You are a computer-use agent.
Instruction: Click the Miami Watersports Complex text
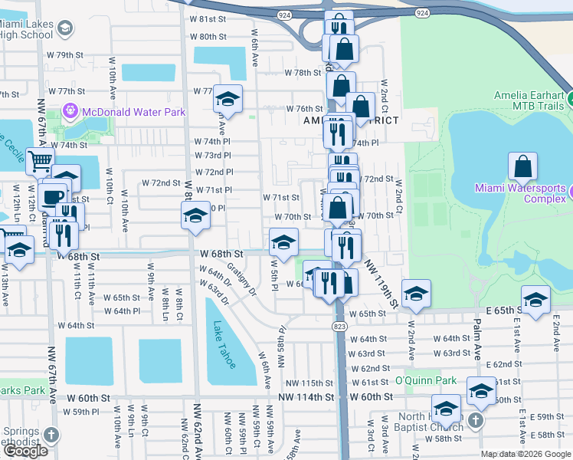520,193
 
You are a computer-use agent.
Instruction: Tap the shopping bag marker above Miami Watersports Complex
522,166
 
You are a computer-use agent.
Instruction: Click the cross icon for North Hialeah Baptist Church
475,420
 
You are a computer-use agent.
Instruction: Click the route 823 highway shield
339,326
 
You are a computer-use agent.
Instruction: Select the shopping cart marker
40,162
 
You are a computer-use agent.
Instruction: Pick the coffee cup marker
53,196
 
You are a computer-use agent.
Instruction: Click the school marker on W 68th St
283,242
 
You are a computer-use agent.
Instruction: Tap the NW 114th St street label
306,397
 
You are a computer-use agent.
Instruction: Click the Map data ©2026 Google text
526,454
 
